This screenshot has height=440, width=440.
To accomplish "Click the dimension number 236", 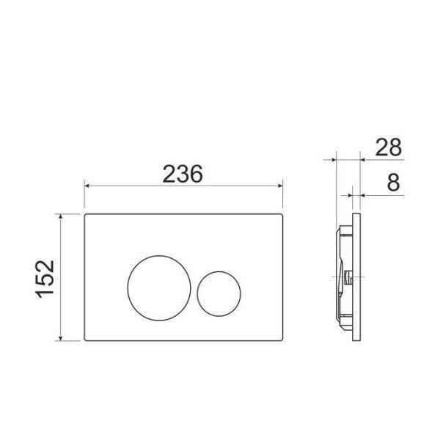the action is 183,174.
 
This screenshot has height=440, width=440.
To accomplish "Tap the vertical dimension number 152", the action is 44,279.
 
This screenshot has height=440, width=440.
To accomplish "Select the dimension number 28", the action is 389,147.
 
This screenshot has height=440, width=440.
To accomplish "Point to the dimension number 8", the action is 393,183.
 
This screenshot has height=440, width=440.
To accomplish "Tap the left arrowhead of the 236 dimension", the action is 87,186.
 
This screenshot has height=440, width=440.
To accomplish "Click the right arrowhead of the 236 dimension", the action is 280,186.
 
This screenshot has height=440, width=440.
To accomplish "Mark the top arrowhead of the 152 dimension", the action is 60,216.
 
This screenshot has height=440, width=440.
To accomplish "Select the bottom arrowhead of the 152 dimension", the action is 60,338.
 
